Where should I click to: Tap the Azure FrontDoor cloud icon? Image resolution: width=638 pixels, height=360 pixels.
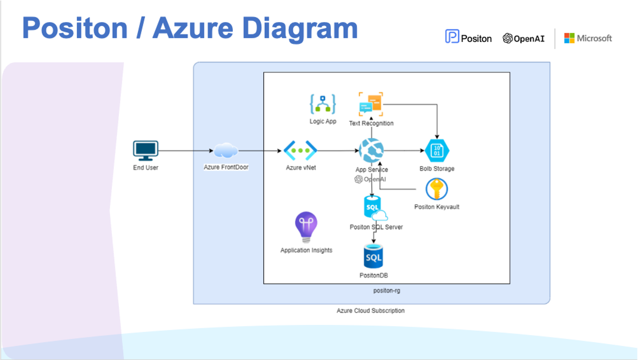pos(226,150)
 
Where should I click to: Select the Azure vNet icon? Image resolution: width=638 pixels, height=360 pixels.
pos(300,150)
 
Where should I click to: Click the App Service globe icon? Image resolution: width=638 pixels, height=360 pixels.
pos(371,150)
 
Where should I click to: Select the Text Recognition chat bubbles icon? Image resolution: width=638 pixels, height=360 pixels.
pos(371,104)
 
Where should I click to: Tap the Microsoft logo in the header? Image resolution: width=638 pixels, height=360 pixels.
pos(588,38)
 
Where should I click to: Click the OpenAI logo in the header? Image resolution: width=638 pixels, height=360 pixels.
pos(524,38)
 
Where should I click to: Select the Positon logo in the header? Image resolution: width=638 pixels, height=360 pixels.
pos(468,37)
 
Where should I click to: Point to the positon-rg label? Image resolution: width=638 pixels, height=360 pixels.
pos(387,290)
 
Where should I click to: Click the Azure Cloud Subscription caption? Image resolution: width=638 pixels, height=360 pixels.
pos(371,310)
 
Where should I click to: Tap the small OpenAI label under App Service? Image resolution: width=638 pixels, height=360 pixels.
pos(370,179)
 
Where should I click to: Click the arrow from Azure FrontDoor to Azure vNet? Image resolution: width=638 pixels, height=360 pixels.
pos(260,150)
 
